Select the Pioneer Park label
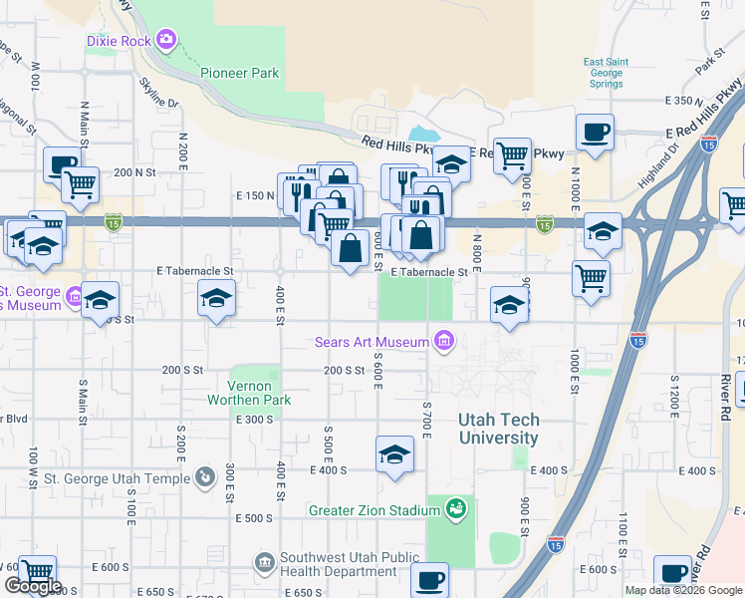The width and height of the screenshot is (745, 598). [x=240, y=73]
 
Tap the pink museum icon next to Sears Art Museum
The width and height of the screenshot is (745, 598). [x=444, y=342]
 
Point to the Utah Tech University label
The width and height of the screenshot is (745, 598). [x=498, y=429]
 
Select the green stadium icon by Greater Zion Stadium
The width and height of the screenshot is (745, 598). [x=456, y=510]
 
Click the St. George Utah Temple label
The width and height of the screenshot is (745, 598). [x=117, y=478]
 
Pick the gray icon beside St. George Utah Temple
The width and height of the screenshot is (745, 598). [x=205, y=478]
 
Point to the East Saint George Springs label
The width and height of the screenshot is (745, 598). [x=603, y=73]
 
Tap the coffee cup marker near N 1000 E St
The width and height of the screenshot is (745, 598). [x=595, y=133]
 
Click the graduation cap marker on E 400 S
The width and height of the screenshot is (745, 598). [x=395, y=455]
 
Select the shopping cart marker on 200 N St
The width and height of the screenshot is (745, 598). [x=80, y=183]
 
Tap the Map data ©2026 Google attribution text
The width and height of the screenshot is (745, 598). [x=683, y=590]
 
